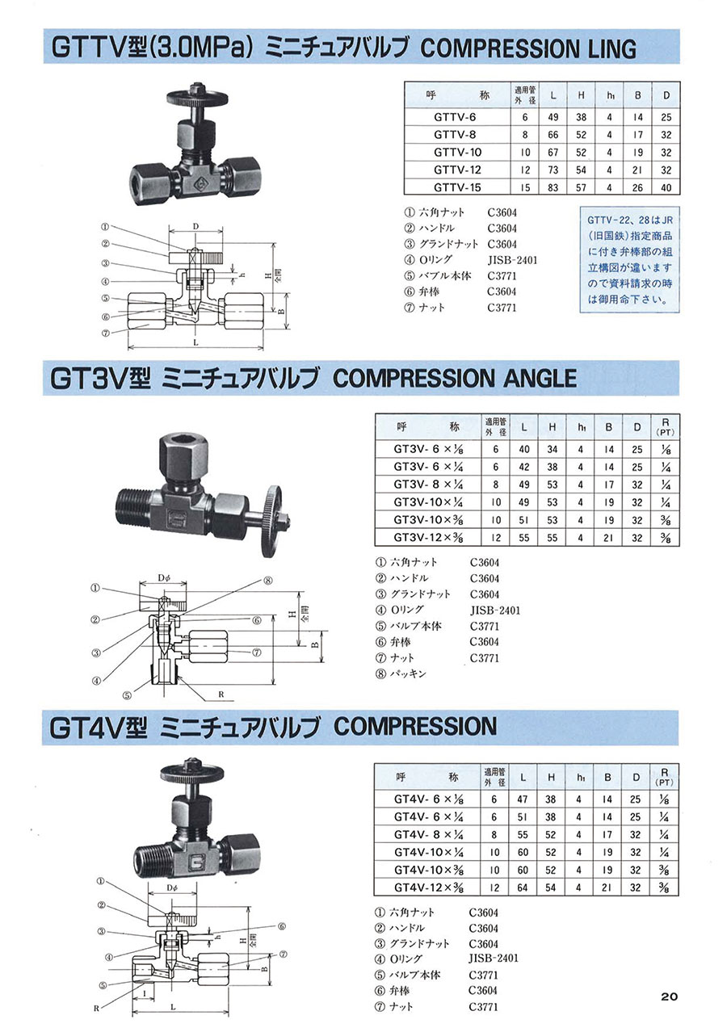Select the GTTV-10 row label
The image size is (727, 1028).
coord(457,153)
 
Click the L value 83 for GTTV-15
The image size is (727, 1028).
coord(553,187)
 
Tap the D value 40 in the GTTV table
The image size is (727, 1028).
coord(666,187)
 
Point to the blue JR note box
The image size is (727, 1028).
coord(629,260)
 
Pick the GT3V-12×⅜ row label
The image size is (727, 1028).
coord(428,537)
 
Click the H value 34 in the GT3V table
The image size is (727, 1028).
coord(553,449)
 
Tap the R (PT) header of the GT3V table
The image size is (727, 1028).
coord(665,427)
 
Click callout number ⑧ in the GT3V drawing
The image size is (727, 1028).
coord(267,581)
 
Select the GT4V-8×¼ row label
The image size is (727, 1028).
coord(429,835)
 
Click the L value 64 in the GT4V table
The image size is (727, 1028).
coord(523,887)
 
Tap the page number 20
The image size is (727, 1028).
coord(669,996)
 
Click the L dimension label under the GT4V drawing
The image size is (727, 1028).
coord(173,1007)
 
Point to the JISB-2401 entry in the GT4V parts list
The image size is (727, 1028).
coord(494,959)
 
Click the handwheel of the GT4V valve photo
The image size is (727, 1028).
coord(191,774)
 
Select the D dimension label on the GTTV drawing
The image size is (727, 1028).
coord(196,226)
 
